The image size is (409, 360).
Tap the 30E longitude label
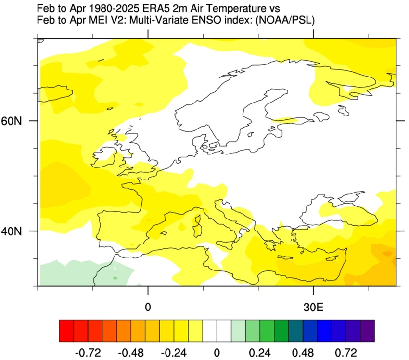click(314, 307)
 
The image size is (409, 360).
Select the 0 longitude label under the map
click(148, 307)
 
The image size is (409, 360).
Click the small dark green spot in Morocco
click(115, 278)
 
